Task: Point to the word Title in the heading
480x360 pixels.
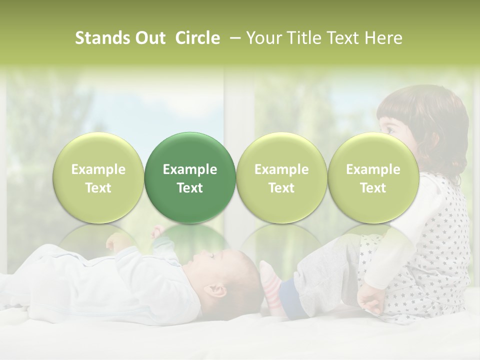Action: click(304, 38)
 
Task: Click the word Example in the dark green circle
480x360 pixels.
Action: click(190, 169)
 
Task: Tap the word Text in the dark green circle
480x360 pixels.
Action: click(190, 188)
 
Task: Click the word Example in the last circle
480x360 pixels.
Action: click(373, 169)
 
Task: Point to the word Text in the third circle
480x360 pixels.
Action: click(281, 188)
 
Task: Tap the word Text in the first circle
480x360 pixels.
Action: click(98, 188)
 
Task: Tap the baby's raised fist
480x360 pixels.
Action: click(158, 231)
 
